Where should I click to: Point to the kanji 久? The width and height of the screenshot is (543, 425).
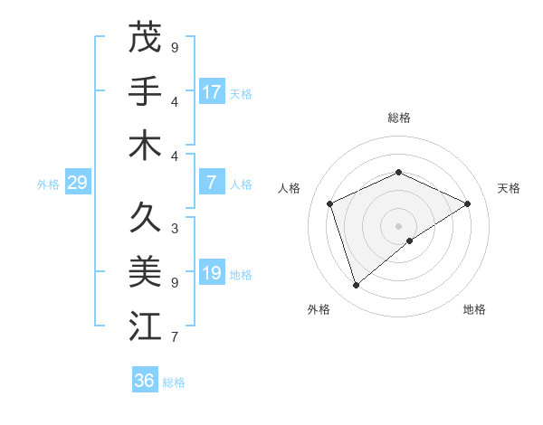point(145,217)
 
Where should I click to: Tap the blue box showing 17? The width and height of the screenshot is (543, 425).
point(212,92)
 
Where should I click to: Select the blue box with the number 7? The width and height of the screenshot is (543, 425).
point(212,184)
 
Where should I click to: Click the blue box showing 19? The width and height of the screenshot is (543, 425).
point(212,274)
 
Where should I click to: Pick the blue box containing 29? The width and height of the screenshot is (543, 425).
point(77,184)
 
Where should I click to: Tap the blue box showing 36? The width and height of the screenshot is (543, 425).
point(145,381)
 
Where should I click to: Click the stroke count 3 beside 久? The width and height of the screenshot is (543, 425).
point(175,228)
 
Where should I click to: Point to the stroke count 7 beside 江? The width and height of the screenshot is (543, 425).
point(175,337)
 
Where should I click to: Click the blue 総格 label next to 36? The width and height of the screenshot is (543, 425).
point(174,382)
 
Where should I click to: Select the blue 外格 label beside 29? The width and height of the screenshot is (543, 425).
point(48,184)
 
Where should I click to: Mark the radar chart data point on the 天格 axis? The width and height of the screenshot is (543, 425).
point(467,203)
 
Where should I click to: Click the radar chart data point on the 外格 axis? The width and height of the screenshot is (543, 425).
point(356,286)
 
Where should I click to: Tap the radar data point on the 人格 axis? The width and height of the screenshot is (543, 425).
point(330,203)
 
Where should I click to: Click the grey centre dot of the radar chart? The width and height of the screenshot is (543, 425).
point(398,225)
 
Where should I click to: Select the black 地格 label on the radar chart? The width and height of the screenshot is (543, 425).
point(474,309)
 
